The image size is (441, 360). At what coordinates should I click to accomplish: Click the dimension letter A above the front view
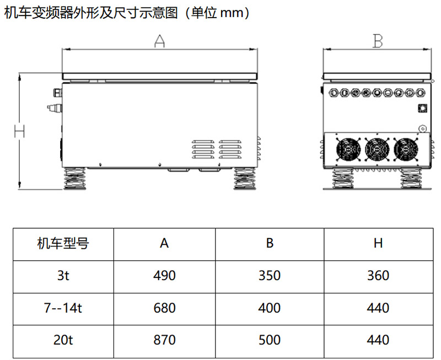coord(159,41)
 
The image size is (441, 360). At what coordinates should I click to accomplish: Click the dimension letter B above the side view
coord(378,41)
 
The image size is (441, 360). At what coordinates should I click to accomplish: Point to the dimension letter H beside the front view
coord(19,131)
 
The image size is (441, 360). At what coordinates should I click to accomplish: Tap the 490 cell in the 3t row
coord(164,275)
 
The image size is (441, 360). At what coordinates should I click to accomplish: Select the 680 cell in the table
coord(164,308)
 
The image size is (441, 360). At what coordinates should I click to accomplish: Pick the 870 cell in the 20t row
coord(164,340)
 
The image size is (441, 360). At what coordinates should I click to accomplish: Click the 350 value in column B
coord(270,275)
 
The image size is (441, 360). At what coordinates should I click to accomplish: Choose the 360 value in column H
coord(378,275)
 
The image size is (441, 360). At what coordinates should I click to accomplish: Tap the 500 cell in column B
coord(270,340)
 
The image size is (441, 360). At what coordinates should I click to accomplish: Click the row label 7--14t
coord(63,308)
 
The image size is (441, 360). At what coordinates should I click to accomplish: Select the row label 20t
coord(63,340)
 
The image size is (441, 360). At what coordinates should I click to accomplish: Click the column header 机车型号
coord(63,243)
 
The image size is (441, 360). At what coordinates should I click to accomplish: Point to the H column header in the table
coord(378,243)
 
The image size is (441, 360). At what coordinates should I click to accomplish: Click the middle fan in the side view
coord(377,149)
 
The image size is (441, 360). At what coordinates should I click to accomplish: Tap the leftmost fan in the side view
coord(348,149)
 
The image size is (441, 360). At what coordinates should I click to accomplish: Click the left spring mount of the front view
coord(74,179)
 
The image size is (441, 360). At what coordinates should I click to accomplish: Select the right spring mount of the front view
coord(245,179)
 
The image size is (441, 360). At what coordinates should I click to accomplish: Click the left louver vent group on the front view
coord(203,149)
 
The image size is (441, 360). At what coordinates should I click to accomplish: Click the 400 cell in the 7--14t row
coord(270,308)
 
